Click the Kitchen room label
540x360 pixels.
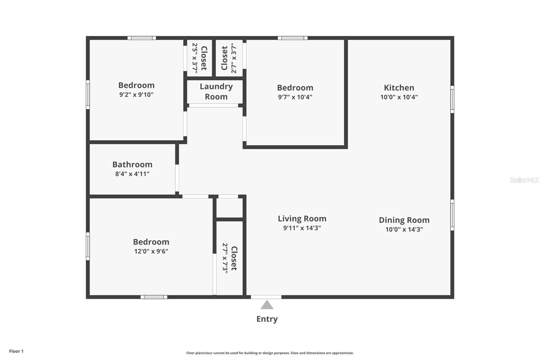point(399,88)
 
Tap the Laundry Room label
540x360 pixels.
point(216,92)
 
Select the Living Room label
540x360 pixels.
point(302,219)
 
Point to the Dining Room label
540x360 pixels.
point(404,220)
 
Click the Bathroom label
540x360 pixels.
point(132,165)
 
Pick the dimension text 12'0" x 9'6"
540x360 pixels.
point(151,251)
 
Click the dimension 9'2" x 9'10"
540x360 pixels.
point(136,95)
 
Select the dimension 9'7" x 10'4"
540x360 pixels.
point(295,97)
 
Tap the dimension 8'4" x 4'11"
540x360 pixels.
point(132,174)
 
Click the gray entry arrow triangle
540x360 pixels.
point(267,305)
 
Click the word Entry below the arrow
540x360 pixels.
point(267,319)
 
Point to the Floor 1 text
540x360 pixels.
point(16,351)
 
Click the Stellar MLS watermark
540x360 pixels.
point(524,180)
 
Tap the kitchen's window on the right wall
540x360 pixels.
point(452,99)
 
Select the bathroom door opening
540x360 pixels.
point(177,178)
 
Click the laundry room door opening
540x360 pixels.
point(213,106)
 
